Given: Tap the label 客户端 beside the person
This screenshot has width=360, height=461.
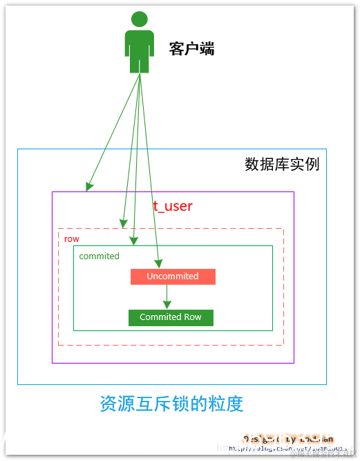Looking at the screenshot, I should click(x=191, y=48).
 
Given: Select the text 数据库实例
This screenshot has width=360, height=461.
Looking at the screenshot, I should click(x=282, y=164).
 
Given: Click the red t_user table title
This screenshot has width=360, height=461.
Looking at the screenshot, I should click(x=173, y=206).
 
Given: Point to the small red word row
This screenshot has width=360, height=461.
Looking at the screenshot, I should click(x=71, y=238).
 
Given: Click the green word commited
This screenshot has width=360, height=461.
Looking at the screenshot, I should click(x=100, y=256).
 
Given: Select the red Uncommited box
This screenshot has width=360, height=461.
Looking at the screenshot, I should click(x=173, y=276).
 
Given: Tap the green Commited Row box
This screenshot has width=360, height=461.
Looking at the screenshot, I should click(x=171, y=317).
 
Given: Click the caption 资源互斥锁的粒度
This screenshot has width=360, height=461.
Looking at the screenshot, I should click(x=171, y=404).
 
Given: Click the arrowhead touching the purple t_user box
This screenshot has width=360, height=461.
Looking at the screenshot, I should click(x=89, y=187).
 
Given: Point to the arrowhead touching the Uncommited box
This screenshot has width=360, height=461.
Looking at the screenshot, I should click(x=158, y=264).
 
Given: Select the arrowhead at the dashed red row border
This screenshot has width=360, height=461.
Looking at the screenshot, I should click(x=123, y=223).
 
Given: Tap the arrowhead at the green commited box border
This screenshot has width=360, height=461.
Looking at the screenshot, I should click(x=134, y=241).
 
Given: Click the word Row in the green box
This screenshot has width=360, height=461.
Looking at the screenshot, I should click(x=193, y=317).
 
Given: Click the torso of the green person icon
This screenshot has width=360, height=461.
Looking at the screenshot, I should click(x=139, y=43).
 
